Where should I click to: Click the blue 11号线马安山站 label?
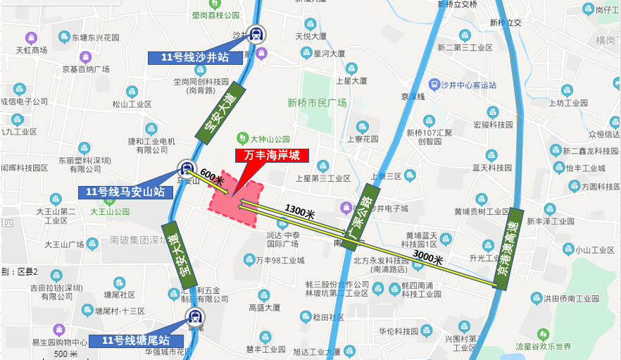125,192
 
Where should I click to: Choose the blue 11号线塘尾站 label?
136,341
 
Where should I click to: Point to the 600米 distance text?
212,176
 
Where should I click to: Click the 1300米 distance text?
300,210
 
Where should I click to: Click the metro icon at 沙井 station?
256,33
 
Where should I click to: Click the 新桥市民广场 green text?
317,103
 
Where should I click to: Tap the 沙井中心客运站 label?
462,85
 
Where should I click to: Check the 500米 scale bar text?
65,354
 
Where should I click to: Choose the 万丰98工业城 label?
280,261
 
